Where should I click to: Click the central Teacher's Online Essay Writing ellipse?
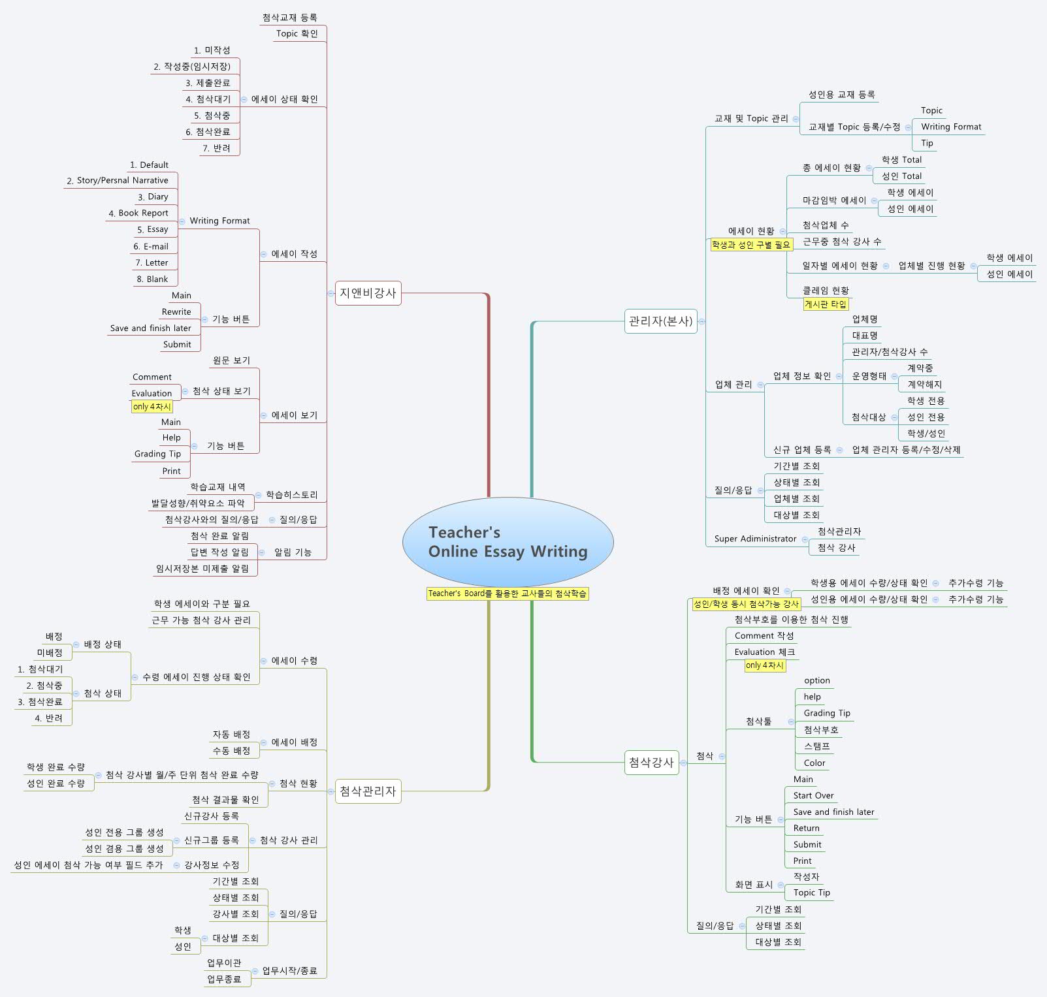coord(507,541)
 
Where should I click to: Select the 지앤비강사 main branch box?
coord(368,293)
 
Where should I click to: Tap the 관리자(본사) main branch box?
coord(660,321)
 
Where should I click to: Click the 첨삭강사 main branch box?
coord(651,762)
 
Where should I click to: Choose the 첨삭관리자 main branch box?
coord(368,791)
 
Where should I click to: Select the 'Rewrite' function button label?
coord(176,311)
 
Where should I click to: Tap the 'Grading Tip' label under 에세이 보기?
coord(157,454)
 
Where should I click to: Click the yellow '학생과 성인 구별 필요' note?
coord(750,245)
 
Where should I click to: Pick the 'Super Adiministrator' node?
coord(755,539)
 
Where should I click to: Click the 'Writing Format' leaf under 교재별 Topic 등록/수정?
coord(950,127)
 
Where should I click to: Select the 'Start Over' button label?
coord(813,795)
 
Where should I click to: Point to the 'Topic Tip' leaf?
coord(811,893)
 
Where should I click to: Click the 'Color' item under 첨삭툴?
coord(814,763)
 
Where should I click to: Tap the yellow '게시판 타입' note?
coord(825,304)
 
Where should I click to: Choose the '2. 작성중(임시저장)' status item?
coord(192,67)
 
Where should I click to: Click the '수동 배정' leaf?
coord(231,751)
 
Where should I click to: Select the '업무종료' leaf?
coord(224,979)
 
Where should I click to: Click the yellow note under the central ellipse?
coord(507,593)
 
